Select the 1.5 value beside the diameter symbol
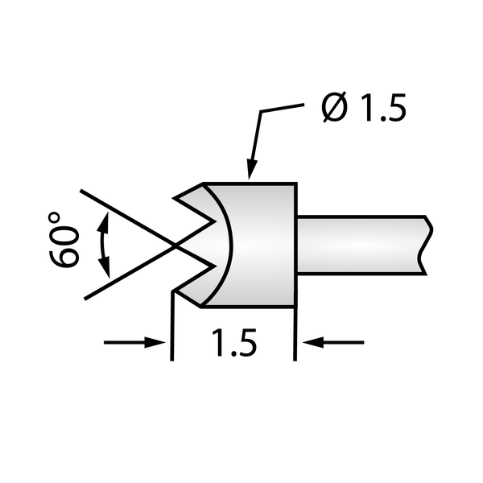[379, 109]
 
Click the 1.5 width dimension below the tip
[234, 344]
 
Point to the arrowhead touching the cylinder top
[250, 170]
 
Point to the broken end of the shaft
[424, 242]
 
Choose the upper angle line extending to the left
[121, 214]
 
